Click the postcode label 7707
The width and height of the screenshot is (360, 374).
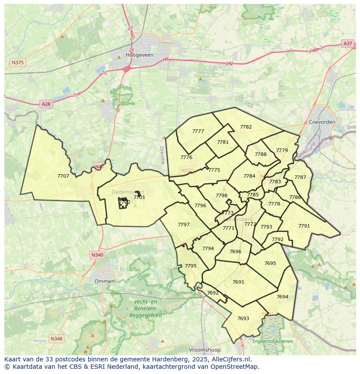click(63, 176)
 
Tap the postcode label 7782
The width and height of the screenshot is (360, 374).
click(246, 127)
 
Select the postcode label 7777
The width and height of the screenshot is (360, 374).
click(198, 131)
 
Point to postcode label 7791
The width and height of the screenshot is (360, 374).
click(304, 226)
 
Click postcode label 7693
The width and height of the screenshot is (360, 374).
click(243, 318)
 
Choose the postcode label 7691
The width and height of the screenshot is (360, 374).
click(238, 282)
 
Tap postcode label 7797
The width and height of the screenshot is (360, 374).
click(183, 225)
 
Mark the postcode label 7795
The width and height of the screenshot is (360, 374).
click(190, 266)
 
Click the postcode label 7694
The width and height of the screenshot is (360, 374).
click(282, 297)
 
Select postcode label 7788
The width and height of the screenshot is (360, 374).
click(260, 154)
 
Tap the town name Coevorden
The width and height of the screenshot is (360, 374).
click(322, 122)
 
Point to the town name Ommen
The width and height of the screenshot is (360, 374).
click(104, 281)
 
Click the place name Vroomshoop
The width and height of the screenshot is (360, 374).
click(205, 350)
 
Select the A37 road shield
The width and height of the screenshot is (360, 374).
click(347, 43)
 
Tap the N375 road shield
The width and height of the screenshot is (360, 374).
click(17, 63)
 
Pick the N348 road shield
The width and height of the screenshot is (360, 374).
click(56, 338)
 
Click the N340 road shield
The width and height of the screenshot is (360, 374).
click(97, 255)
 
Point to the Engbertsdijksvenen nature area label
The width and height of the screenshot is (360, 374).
click(273, 341)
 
